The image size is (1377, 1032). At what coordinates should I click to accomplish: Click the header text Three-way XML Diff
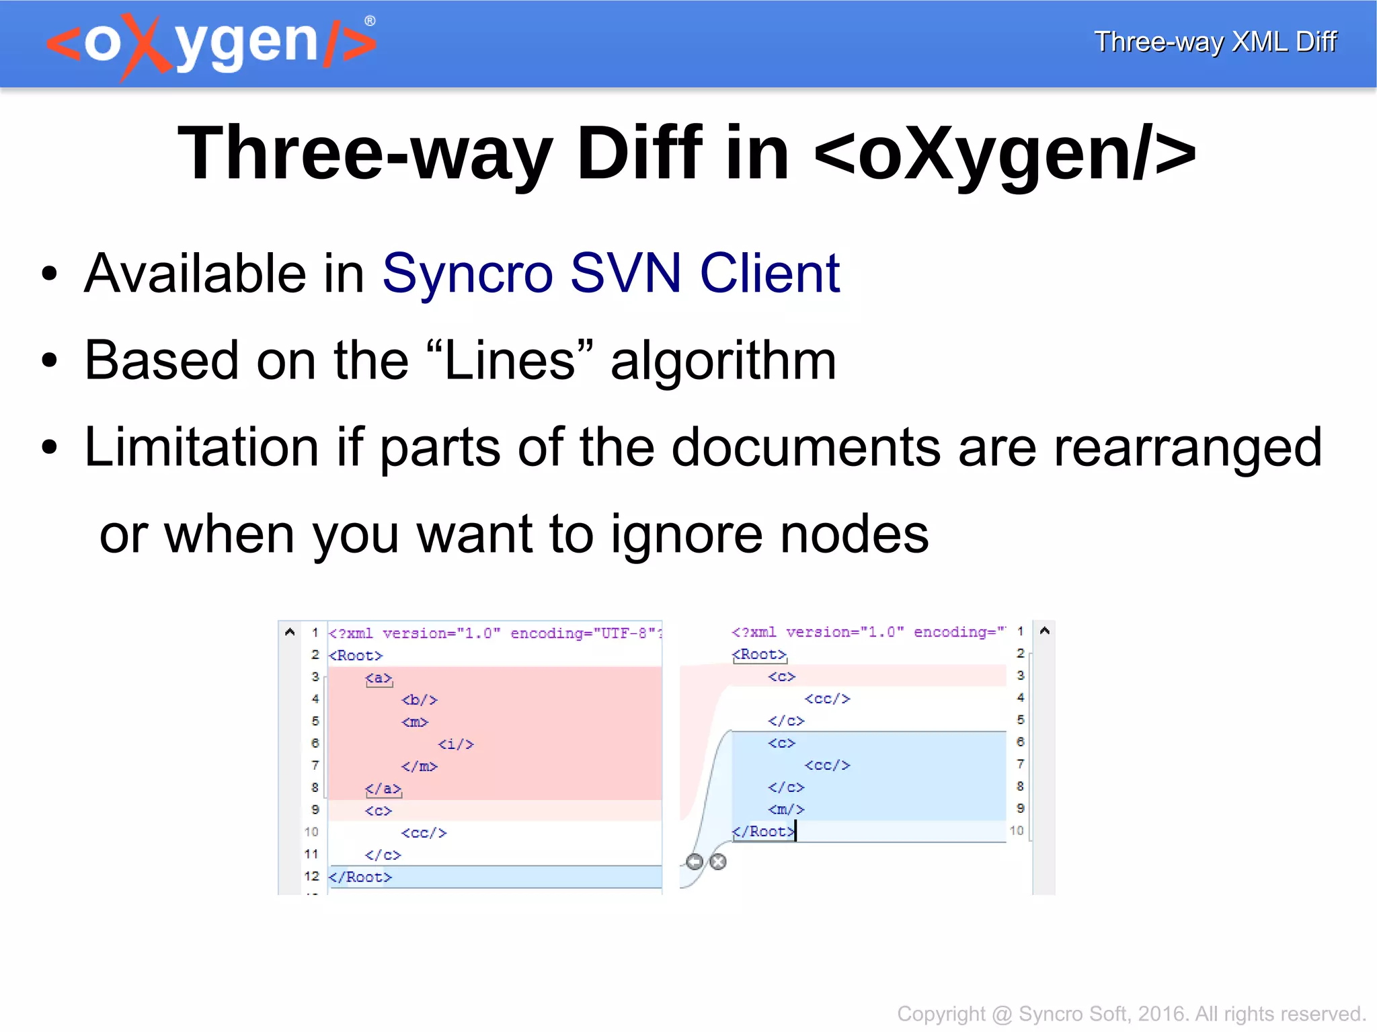pyautogui.click(x=1214, y=42)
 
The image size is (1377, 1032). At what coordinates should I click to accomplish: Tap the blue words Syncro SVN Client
pyautogui.click(x=611, y=274)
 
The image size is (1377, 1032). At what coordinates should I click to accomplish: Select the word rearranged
pyautogui.click(x=1187, y=447)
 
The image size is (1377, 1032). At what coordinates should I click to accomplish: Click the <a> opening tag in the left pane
pyautogui.click(x=379, y=678)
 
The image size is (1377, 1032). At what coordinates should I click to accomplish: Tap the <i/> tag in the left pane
pyautogui.click(x=456, y=744)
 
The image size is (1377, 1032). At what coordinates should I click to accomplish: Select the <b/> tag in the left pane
pyautogui.click(x=420, y=700)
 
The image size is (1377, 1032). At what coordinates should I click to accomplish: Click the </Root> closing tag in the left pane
pyautogui.click(x=360, y=877)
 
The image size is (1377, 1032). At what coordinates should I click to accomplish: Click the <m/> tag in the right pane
pyautogui.click(x=786, y=809)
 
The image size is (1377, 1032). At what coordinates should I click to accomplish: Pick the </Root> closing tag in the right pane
pyautogui.click(x=762, y=832)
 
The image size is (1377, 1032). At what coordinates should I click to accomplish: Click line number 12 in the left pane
pyautogui.click(x=311, y=876)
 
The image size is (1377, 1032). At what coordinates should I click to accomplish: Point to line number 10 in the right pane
pyautogui.click(x=1017, y=831)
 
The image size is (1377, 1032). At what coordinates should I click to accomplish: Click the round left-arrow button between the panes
pyautogui.click(x=695, y=862)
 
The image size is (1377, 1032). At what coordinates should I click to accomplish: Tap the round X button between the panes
pyautogui.click(x=718, y=862)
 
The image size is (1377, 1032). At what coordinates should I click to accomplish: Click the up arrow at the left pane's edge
pyautogui.click(x=290, y=632)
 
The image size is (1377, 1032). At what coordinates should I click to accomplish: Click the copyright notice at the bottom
pyautogui.click(x=1130, y=1014)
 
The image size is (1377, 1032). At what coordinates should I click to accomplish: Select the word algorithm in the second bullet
pyautogui.click(x=723, y=361)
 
